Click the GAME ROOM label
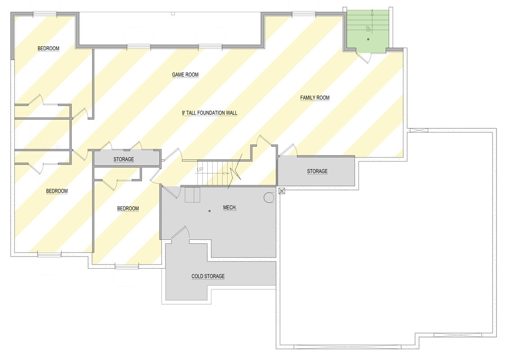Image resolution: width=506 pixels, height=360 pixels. coord(185,75)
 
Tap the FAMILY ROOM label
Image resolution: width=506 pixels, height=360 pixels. coord(315,98)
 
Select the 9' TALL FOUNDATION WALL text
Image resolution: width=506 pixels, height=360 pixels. coord(209,113)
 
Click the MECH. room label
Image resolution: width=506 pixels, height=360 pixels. coord(230,207)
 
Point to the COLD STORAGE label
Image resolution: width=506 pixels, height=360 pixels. coord(208,276)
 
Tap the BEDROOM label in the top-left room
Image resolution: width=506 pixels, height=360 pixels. coord(48,49)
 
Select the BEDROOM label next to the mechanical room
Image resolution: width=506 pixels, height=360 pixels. coord(128,209)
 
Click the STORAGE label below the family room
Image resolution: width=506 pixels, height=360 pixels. coord(317,171)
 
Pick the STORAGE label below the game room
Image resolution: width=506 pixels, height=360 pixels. coord(123,159)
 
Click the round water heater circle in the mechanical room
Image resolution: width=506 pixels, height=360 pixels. coord(269,198)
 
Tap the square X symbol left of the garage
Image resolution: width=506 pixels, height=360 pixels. coord(282,191)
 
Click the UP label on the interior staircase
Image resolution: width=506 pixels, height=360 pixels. coord(200,170)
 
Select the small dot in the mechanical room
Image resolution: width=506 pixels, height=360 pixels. coord(209,211)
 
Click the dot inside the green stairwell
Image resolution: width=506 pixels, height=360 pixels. coord(368,40)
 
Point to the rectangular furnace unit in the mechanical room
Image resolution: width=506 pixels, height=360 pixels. coord(193,195)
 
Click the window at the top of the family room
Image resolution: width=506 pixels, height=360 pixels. coord(304,14)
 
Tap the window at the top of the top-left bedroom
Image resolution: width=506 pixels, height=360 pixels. coord(45,13)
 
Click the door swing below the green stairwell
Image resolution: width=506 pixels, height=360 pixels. coord(364,58)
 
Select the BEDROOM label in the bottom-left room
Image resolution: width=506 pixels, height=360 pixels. coord(57,191)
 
